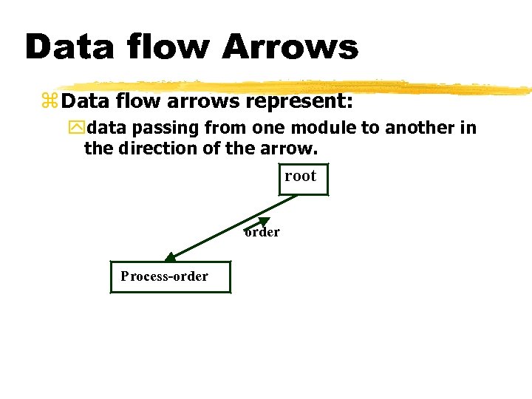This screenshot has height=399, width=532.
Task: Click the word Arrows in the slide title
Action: [290, 47]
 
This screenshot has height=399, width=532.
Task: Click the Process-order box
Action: [170, 276]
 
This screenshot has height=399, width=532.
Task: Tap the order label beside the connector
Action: [262, 232]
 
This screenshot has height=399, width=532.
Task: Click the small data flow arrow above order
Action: [256, 222]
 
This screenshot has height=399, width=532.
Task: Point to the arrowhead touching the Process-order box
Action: [168, 258]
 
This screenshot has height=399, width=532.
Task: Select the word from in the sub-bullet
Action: [226, 128]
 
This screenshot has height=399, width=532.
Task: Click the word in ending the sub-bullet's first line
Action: [468, 128]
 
